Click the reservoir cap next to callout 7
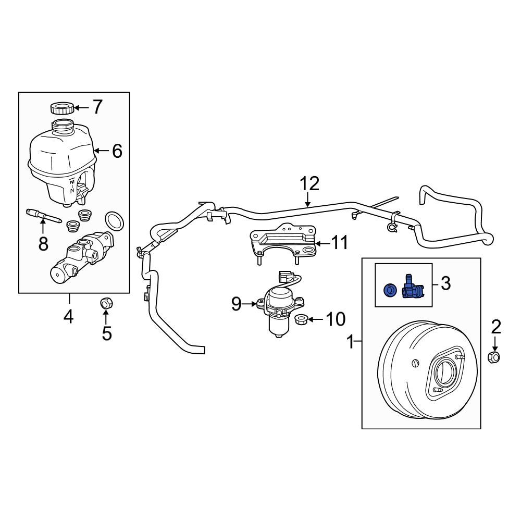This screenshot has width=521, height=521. (x=61, y=108)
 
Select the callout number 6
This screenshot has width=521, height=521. (x=116, y=151)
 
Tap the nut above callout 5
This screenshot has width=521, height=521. (x=106, y=302)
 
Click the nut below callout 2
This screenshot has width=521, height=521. (x=495, y=357)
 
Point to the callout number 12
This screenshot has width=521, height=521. (x=308, y=184)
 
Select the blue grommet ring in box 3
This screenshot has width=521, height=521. (x=389, y=290)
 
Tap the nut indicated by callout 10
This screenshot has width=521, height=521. (x=301, y=319)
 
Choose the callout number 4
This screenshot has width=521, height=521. (x=69, y=316)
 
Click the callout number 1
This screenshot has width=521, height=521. (x=351, y=342)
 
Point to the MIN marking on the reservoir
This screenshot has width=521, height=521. (x=72, y=185)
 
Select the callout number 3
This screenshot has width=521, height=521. (x=445, y=283)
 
